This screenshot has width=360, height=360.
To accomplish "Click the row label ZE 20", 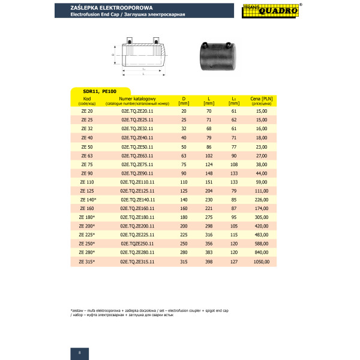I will click(87, 111).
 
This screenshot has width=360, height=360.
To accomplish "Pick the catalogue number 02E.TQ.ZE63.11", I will click(137, 155).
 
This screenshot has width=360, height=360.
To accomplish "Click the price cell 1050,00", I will click(260, 262).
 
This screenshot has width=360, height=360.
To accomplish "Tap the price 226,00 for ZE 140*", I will click(261, 199).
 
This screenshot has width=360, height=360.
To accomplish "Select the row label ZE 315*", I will click(88, 262).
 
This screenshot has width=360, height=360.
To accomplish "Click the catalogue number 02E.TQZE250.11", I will click(137, 244).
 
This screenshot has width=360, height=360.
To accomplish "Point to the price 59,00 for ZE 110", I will click(261, 181).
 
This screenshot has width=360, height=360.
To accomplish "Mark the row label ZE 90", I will click(87, 173).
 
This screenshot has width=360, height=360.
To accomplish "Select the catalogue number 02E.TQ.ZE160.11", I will click(137, 208).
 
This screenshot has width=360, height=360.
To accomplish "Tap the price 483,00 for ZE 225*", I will click(261, 235).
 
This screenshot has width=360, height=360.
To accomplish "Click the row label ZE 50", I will click(87, 146).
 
